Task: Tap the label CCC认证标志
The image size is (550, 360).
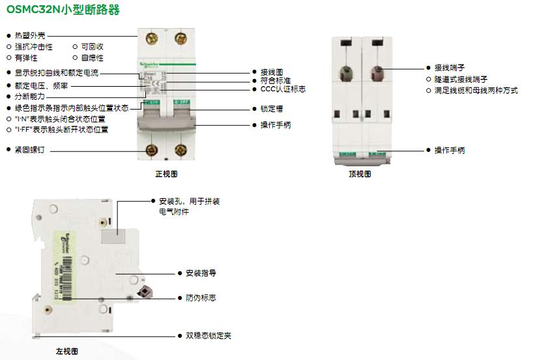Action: click(x=283, y=89)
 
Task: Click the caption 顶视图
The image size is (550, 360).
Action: click(x=360, y=174)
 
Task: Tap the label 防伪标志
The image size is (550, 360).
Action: click(x=201, y=298)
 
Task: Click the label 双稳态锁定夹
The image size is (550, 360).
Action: click(x=209, y=336)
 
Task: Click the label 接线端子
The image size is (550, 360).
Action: click(x=450, y=67)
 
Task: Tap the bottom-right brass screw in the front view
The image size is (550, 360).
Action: click(x=179, y=149)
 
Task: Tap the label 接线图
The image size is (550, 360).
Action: click(x=271, y=72)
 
